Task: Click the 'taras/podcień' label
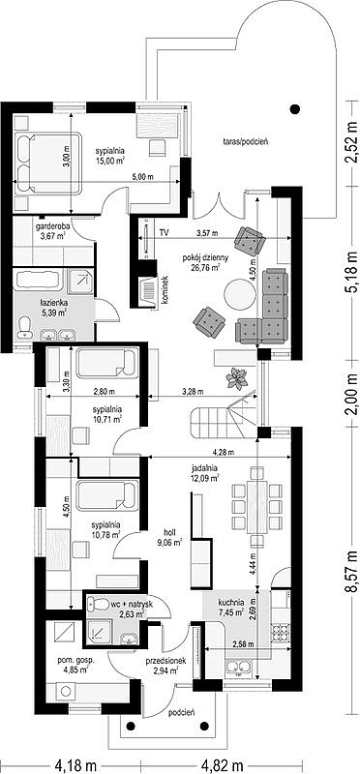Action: point(245,141)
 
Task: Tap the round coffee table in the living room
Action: point(241,295)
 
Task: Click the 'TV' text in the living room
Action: point(164,232)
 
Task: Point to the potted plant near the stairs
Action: point(236,378)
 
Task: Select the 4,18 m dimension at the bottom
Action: point(75,766)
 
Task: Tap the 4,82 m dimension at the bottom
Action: point(222,766)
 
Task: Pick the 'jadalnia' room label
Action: point(204,468)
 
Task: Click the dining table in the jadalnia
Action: point(256,506)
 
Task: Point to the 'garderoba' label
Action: point(52,227)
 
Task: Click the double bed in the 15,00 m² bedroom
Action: point(47,162)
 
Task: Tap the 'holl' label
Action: point(170,532)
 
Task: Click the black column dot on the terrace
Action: point(295,109)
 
